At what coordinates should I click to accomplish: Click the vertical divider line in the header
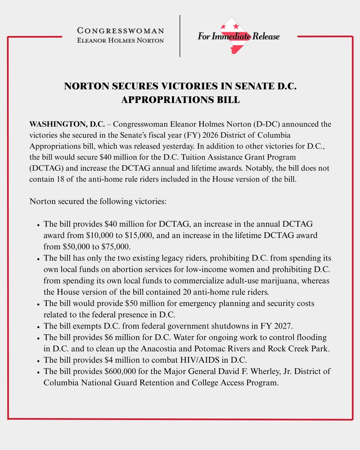(x=180, y=36)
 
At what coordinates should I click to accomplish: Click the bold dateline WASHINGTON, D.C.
(x=67, y=124)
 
